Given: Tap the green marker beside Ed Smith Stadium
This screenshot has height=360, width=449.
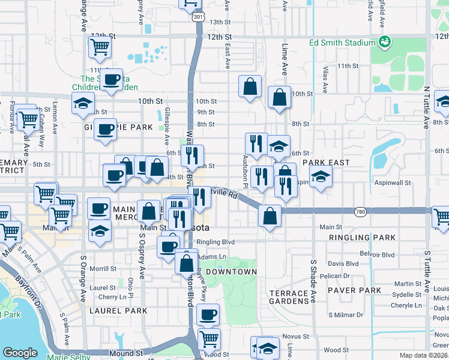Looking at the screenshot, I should [x=384, y=42].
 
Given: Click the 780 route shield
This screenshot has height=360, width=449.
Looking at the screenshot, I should [x=360, y=212].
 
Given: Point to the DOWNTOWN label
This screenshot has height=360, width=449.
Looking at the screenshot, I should [x=231, y=272].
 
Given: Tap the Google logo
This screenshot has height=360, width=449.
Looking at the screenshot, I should [x=20, y=353].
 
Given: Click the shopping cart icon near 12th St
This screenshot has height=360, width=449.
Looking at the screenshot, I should [x=100, y=46].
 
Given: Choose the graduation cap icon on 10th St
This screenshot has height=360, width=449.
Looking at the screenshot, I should [x=83, y=103].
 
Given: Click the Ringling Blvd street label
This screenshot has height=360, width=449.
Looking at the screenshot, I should [x=218, y=242].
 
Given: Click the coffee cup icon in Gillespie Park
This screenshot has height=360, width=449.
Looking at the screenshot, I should [x=105, y=129].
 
